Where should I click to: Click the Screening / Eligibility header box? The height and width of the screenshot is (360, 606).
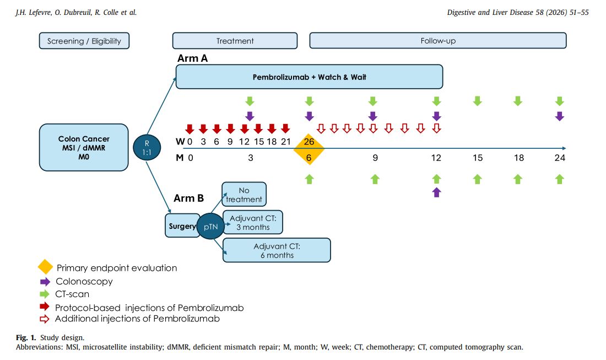[84, 41]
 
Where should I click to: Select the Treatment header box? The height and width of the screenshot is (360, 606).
[235, 41]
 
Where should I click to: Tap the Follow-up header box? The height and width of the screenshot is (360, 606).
[437, 41]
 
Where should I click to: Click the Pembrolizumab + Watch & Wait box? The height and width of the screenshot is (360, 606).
[309, 77]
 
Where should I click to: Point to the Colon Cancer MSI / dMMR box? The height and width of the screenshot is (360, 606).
[84, 147]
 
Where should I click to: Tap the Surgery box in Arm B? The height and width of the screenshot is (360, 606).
[182, 226]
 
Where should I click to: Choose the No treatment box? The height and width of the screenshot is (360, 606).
[244, 195]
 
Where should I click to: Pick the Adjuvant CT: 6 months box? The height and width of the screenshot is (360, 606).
[277, 250]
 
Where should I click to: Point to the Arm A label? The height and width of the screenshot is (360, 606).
[193, 58]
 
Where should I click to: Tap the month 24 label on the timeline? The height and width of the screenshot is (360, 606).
[560, 158]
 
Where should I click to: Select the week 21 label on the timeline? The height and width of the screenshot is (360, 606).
[285, 142]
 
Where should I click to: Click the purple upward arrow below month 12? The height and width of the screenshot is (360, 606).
[437, 192]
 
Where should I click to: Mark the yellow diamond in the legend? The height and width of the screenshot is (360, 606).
[45, 267]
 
